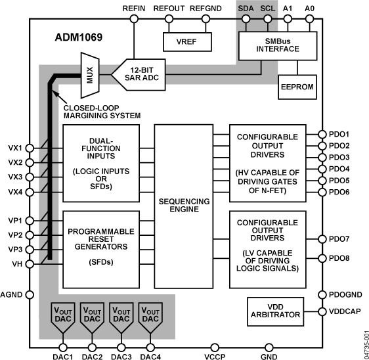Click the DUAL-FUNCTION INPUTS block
100,162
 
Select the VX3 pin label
15,177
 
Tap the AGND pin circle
30,295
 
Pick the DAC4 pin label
150,357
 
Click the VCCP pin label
214,357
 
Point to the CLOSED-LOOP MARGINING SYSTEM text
102,111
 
